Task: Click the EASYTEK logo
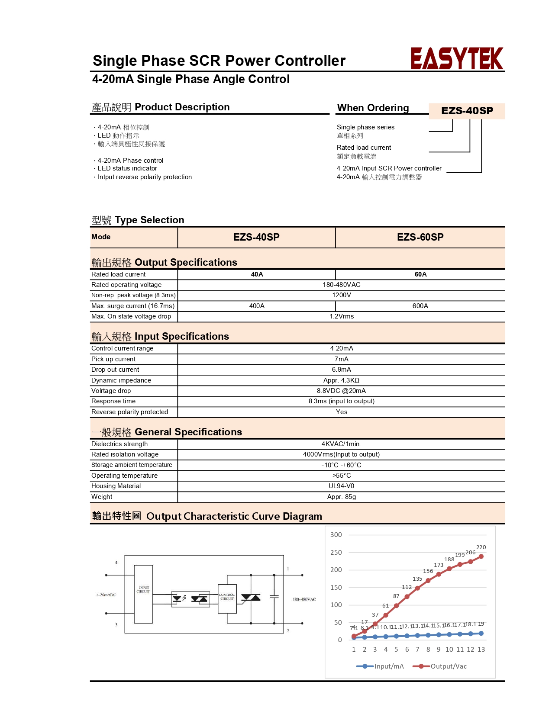click(x=457, y=59)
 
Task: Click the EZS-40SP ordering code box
click(x=467, y=111)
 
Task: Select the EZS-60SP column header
click(x=420, y=237)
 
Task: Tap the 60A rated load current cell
click(x=420, y=274)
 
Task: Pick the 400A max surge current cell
click(x=257, y=306)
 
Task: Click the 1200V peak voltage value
click(x=341, y=295)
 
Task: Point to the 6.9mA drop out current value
click(x=341, y=370)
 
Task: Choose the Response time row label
click(x=113, y=401)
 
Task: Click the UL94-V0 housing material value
click(x=341, y=486)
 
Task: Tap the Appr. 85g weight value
click(x=341, y=497)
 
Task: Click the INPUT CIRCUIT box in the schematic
click(x=143, y=594)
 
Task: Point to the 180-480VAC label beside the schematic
click(x=304, y=599)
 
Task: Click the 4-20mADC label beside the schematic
click(x=106, y=595)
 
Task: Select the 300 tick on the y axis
click(x=336, y=535)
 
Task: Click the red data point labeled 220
click(x=481, y=556)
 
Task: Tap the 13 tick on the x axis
click(x=481, y=650)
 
